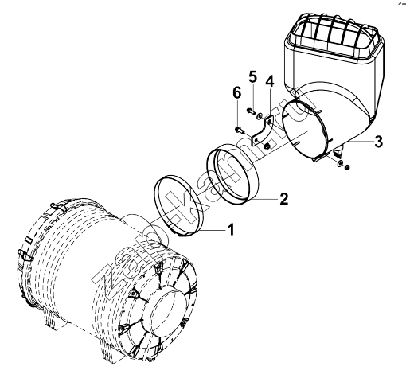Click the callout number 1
point(232,229)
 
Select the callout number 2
point(283,198)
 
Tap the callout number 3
point(378,142)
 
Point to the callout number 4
point(270,81)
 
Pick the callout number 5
point(253,77)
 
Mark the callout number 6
point(237,93)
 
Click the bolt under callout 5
point(251,111)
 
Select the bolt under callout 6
point(240,130)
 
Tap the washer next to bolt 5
point(260,115)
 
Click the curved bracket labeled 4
point(261,132)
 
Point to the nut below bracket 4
point(267,146)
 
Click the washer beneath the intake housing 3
point(340,163)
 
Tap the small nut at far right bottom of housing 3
point(346,167)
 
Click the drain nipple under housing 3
point(338,151)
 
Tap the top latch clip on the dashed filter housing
point(58,207)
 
